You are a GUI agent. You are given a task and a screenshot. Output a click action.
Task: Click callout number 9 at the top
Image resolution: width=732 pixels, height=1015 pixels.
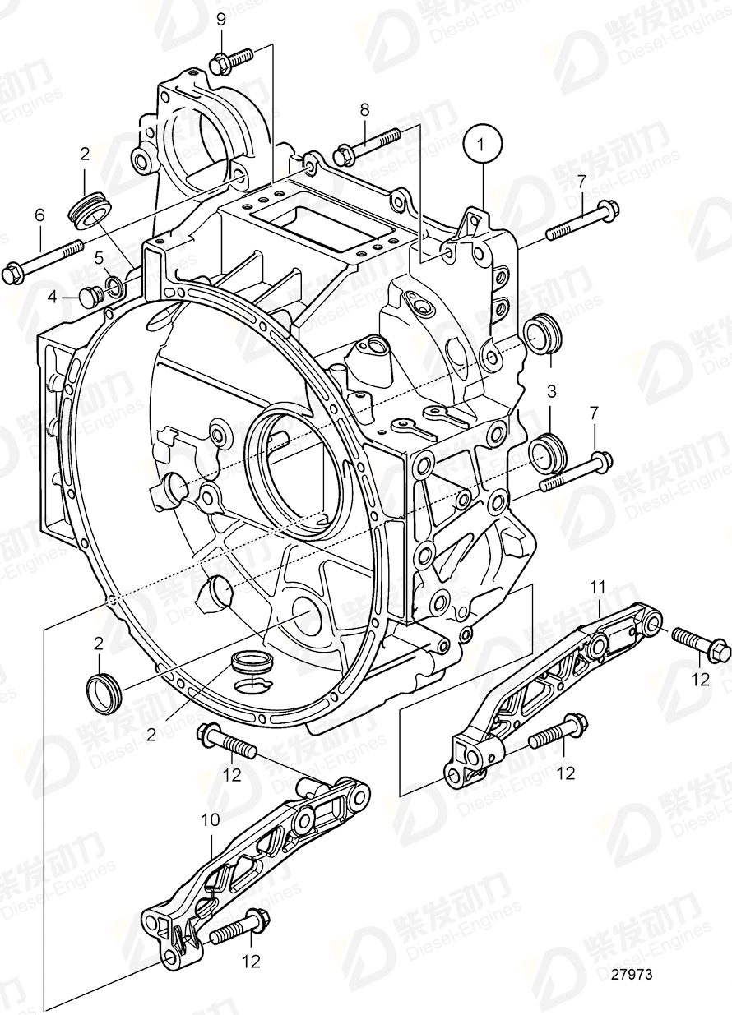[220, 20]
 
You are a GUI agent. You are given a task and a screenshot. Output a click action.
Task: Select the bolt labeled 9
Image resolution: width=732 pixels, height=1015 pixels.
[233, 59]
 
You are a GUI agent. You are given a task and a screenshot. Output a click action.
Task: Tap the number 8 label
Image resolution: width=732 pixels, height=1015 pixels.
[364, 108]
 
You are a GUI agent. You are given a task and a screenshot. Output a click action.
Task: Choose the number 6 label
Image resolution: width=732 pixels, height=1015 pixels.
[39, 215]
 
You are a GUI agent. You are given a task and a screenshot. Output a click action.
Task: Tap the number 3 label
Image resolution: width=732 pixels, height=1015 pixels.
[553, 390]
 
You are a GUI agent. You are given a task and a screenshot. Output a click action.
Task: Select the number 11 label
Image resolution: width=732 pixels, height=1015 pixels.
[598, 586]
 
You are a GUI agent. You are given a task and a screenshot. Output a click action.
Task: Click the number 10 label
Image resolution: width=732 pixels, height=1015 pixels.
[211, 819]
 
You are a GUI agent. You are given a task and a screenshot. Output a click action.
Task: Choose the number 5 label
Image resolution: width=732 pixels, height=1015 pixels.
[99, 258]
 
